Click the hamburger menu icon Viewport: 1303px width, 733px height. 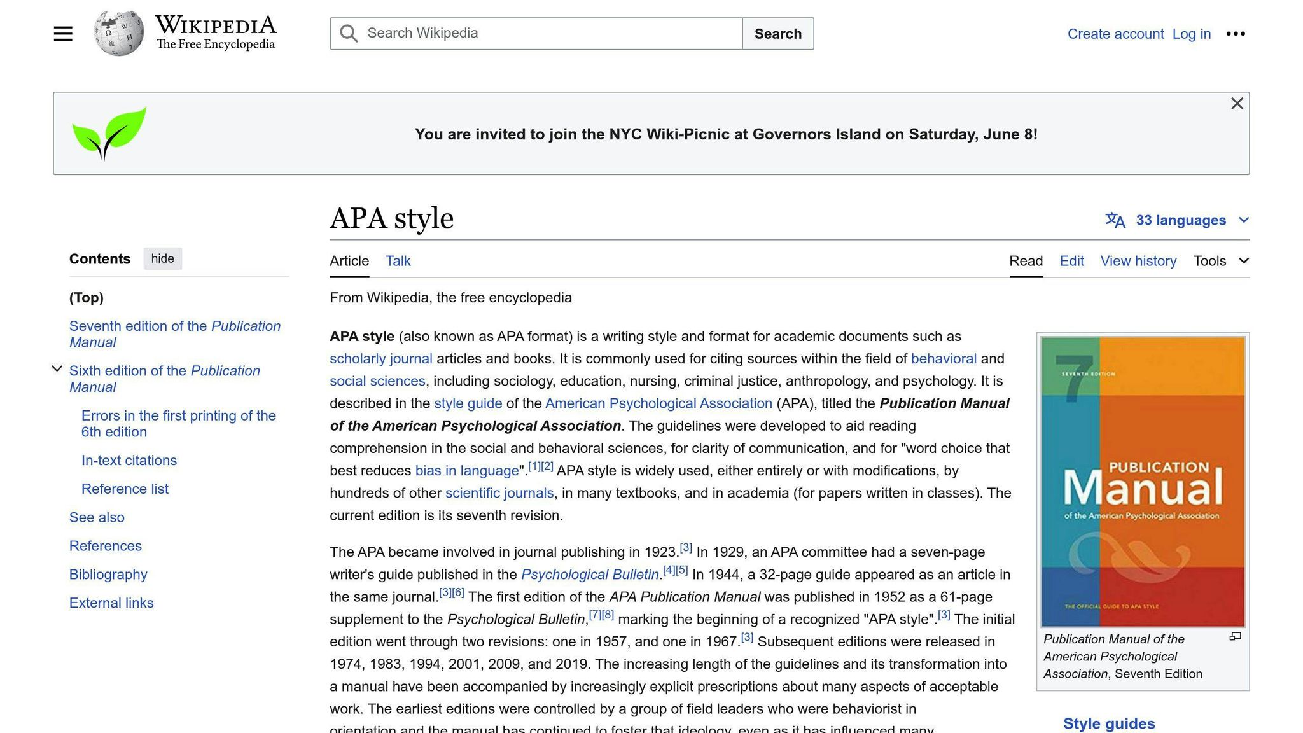click(x=63, y=34)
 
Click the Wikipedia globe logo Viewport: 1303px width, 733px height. click(x=118, y=33)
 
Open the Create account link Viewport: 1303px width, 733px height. click(x=1115, y=34)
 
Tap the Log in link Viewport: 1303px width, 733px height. click(x=1191, y=34)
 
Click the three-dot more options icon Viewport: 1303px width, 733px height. click(x=1235, y=34)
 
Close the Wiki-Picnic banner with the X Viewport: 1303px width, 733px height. click(x=1236, y=104)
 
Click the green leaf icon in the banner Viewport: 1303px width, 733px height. click(x=109, y=133)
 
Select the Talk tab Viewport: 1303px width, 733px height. click(x=398, y=261)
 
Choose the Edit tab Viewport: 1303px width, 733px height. click(x=1071, y=261)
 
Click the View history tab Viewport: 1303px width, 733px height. click(x=1138, y=261)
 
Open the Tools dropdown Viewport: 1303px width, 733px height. click(x=1220, y=261)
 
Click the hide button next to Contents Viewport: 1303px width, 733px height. click(x=162, y=258)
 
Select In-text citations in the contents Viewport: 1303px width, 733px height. click(x=129, y=460)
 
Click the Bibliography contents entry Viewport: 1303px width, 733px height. click(x=108, y=575)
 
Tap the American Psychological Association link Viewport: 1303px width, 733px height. click(x=658, y=403)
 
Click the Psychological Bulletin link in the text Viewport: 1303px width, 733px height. click(x=590, y=575)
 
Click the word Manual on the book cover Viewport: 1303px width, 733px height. click(x=1143, y=489)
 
